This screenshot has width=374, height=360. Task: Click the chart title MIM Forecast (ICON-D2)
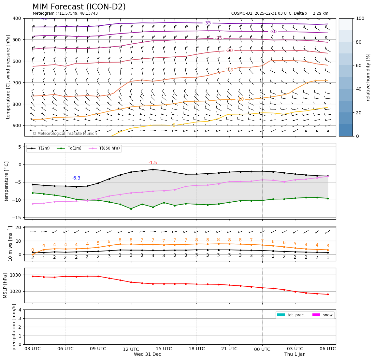79,7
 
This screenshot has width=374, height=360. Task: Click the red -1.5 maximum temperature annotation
152,163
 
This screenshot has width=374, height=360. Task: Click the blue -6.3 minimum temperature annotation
76,178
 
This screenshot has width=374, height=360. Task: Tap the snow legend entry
327,315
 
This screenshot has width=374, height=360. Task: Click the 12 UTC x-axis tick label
131,349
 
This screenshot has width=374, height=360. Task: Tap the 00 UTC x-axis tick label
262,349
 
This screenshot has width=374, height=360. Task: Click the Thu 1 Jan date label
295,354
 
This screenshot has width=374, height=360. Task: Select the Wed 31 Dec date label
147,354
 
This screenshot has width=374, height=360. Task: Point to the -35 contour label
207,23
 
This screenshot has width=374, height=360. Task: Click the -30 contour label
273,32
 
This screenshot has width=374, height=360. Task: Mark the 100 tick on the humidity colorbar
360,18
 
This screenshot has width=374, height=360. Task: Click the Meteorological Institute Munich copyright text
65,134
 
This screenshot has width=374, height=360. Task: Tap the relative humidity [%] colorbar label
368,77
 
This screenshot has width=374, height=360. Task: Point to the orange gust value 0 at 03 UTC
33,250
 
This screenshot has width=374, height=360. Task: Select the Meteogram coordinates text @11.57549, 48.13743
65,13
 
